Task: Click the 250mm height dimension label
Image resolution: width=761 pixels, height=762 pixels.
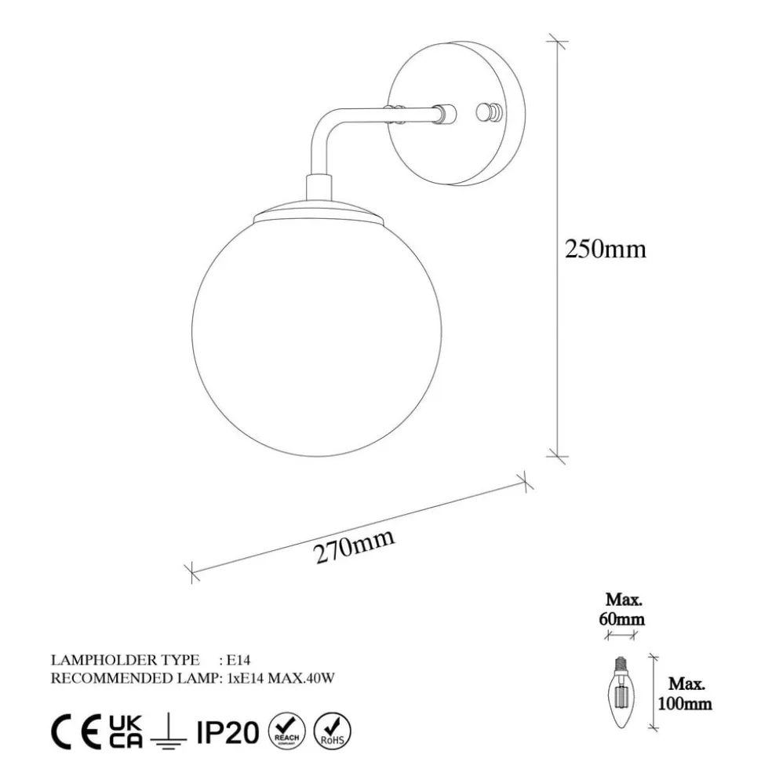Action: (606, 250)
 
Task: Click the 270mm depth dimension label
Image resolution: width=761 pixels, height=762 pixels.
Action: (354, 546)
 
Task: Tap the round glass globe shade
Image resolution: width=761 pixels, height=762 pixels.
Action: (317, 337)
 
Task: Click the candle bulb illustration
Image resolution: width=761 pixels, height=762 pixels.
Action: (621, 692)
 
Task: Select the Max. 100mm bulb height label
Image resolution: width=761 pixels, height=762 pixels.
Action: (685, 694)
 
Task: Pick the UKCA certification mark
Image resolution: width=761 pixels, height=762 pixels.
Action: (126, 731)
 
